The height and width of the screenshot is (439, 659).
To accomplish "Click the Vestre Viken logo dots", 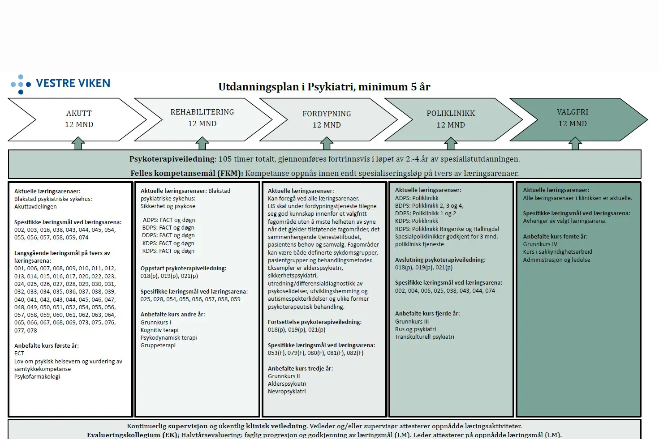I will (21, 84).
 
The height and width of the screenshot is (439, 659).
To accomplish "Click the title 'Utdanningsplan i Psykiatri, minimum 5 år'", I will (324, 87).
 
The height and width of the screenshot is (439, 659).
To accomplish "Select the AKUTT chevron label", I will (79, 114).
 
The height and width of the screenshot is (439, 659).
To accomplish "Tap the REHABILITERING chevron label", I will (202, 112).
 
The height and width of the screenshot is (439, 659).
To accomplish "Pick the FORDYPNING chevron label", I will (327, 114).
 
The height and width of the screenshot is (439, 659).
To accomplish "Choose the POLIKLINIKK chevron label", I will (451, 114).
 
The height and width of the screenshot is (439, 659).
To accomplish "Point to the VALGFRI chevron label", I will (573, 112).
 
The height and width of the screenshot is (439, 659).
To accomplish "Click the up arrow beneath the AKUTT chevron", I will (78, 144).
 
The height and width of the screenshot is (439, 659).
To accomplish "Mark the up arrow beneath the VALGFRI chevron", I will (575, 144).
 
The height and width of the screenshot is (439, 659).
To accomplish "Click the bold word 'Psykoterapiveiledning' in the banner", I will (172, 159).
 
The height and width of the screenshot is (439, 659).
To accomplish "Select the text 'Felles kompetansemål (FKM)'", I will (186, 173).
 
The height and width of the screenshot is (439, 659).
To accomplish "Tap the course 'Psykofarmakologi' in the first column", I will (37, 377).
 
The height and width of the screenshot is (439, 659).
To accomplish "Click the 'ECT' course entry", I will (19, 354).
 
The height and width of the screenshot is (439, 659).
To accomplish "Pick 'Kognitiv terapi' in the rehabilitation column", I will (159, 330).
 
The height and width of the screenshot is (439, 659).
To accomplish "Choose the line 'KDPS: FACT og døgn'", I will (168, 243).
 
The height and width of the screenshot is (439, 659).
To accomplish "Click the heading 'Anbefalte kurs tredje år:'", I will (300, 369).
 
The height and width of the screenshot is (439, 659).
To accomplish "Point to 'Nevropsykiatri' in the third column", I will (287, 392).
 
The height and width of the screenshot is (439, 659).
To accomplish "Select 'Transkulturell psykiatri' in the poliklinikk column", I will (424, 337).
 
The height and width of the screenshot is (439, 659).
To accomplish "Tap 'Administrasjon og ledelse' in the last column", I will (556, 260).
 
